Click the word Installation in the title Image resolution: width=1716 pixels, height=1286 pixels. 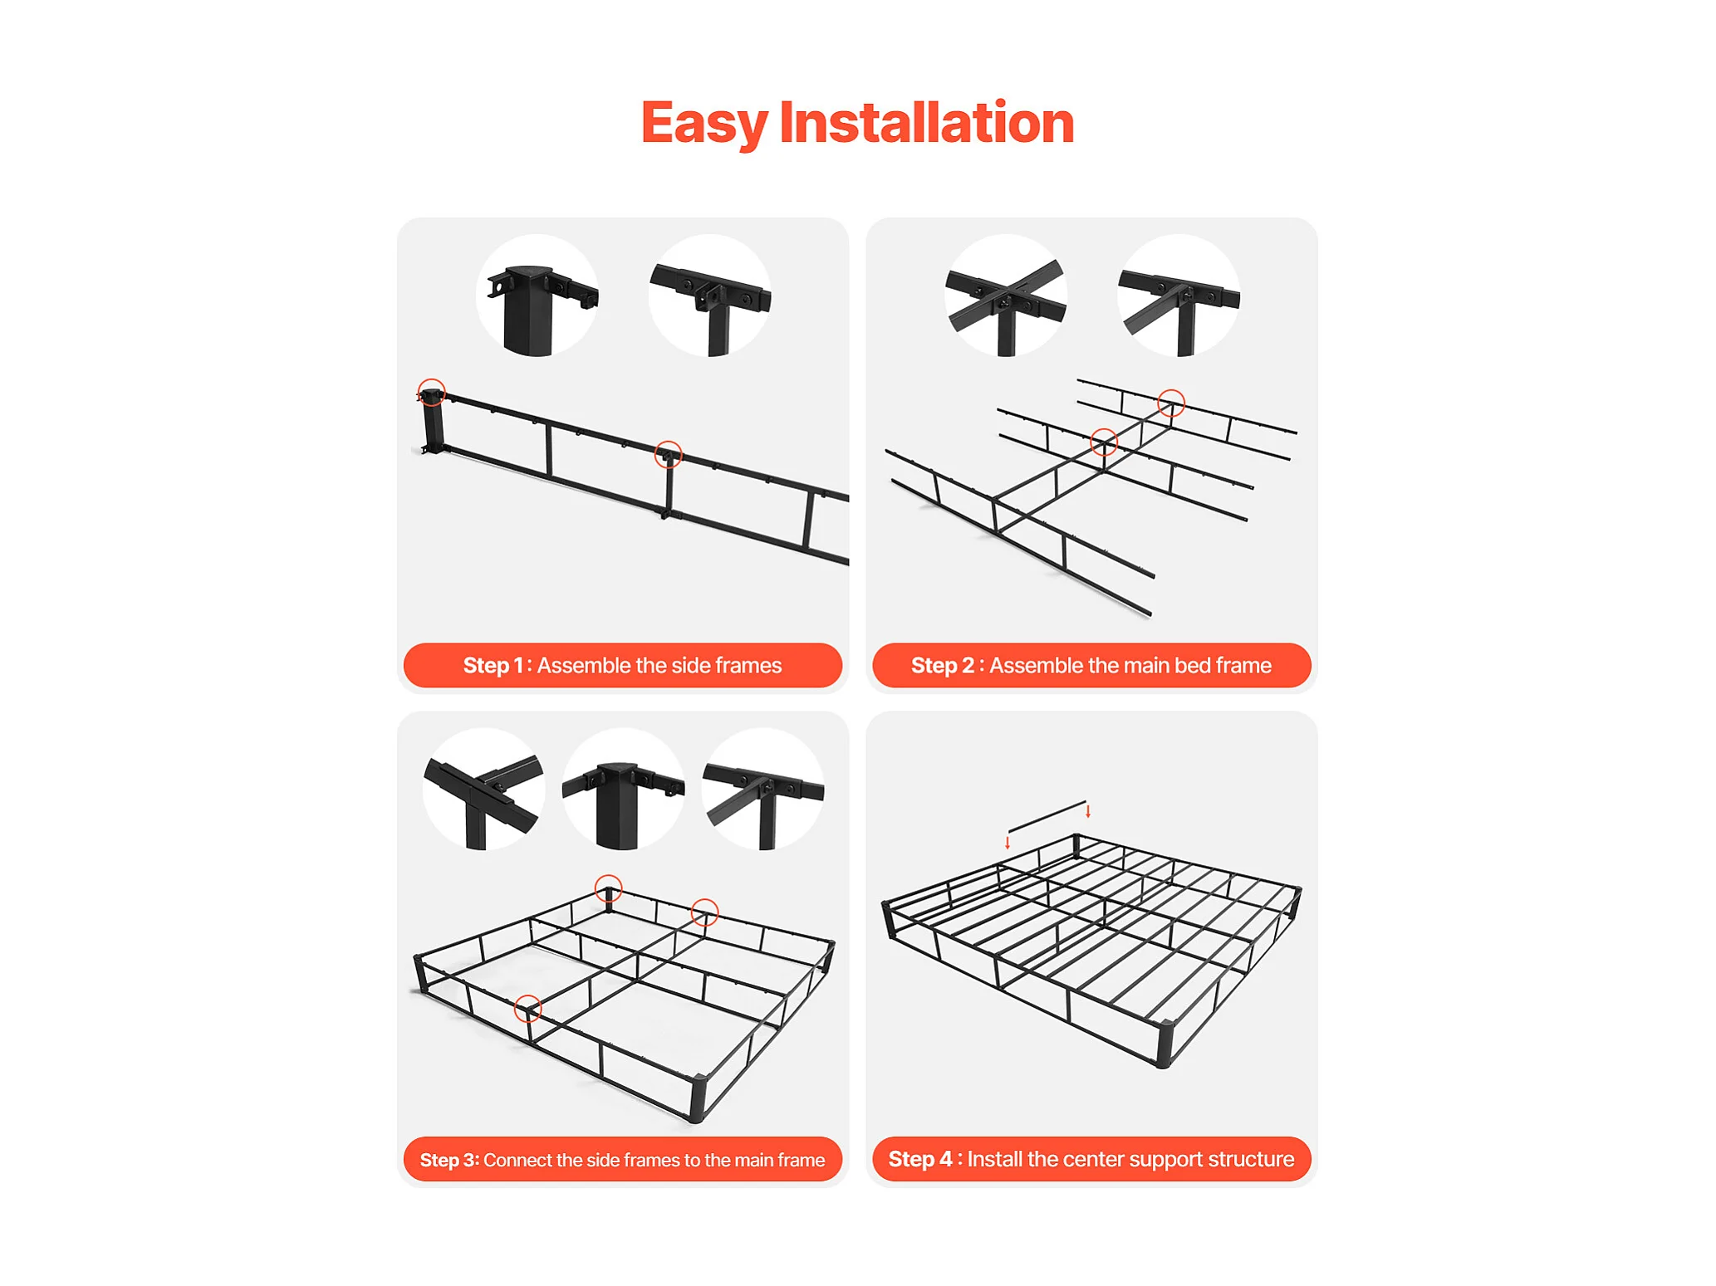pos(926,122)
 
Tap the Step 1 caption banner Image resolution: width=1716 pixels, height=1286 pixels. pos(622,665)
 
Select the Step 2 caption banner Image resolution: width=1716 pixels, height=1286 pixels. pos(1091,665)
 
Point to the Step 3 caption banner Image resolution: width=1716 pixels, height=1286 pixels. pos(622,1159)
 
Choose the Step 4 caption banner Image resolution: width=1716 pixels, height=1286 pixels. pos(1091,1159)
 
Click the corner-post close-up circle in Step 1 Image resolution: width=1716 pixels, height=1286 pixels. pos(537,296)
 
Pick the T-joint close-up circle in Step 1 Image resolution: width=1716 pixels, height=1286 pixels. pos(710,296)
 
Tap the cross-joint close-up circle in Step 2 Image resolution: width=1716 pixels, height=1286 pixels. pos(1006,296)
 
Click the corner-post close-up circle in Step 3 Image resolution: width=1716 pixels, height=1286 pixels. pos(624,789)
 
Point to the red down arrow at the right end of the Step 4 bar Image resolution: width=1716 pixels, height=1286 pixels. pos(1088,811)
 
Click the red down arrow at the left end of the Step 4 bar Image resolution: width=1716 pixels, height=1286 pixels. pos(1008,843)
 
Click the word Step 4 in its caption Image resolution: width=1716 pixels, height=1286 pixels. pos(920,1159)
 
